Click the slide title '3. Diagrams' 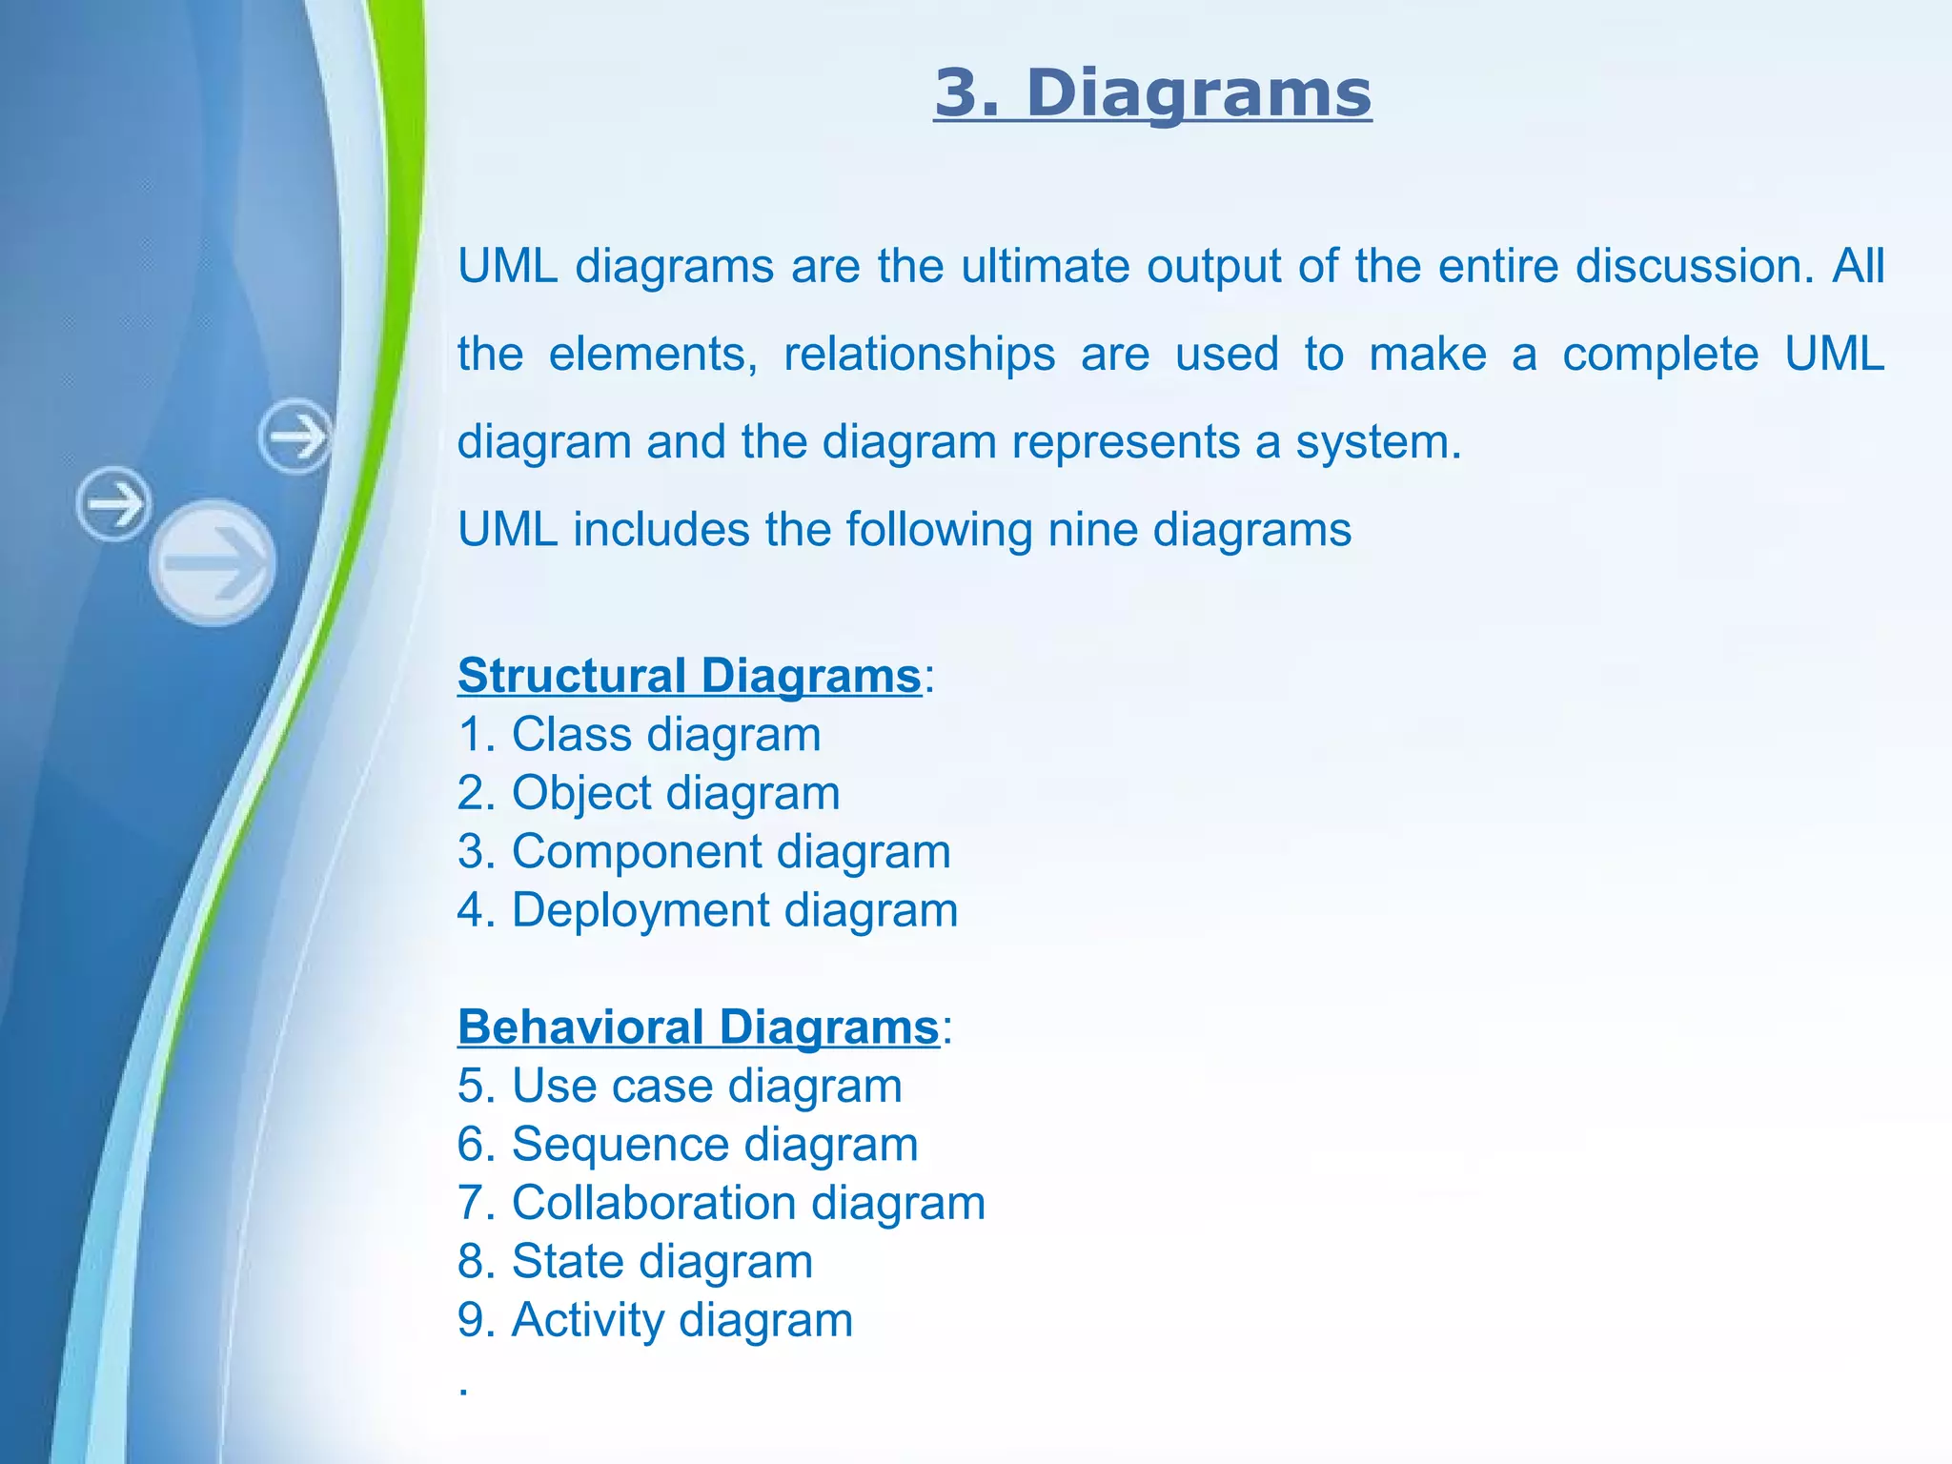(x=1152, y=94)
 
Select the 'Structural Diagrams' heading (x=689, y=676)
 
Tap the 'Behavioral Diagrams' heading (x=699, y=1027)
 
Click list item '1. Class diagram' (x=639, y=735)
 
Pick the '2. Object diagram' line (x=648, y=794)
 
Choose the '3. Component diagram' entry (x=703, y=852)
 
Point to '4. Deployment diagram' (x=707, y=910)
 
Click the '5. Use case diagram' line (x=680, y=1087)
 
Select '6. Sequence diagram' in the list (x=687, y=1145)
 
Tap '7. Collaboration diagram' (x=721, y=1203)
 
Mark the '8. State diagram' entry (x=635, y=1262)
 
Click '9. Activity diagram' (x=655, y=1321)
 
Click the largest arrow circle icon (x=213, y=562)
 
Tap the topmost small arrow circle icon (x=295, y=437)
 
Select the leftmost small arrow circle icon (x=113, y=503)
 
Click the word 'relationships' (x=919, y=355)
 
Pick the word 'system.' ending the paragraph (x=1378, y=443)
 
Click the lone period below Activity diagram (x=463, y=1391)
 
